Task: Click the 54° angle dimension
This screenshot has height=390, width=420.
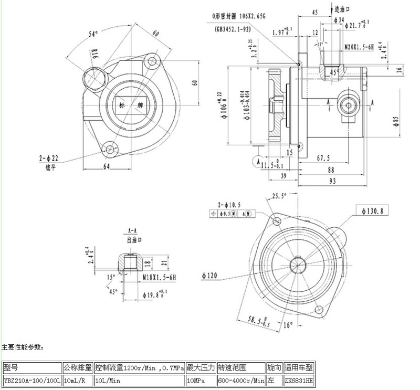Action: [93, 34]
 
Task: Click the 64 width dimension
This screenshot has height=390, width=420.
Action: [107, 167]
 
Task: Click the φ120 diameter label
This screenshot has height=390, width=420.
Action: [211, 274]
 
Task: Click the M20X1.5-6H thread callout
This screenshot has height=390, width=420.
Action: [359, 47]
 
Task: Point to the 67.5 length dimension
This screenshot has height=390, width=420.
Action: [323, 157]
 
